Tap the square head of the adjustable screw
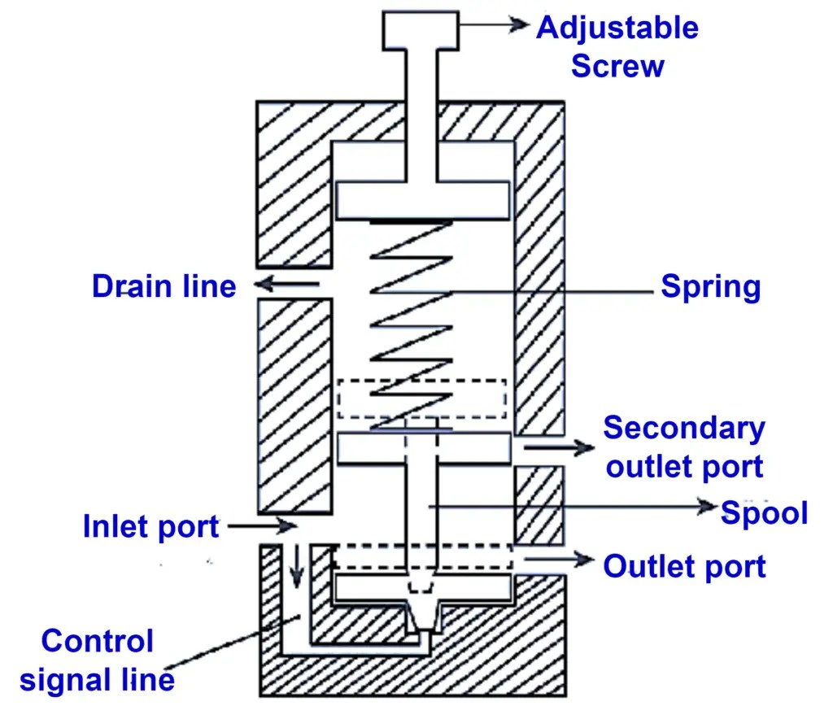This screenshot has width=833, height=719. pyautogui.click(x=421, y=30)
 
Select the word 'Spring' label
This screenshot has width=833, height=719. pyautogui.click(x=710, y=287)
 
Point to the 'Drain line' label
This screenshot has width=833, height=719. pyautogui.click(x=164, y=286)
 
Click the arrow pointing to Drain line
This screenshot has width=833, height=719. pyautogui.click(x=286, y=285)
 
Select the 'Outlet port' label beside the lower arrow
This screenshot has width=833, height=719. pyautogui.click(x=684, y=566)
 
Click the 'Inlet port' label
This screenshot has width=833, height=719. pyautogui.click(x=151, y=527)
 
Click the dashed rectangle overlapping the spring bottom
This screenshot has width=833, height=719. pyautogui.click(x=421, y=399)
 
